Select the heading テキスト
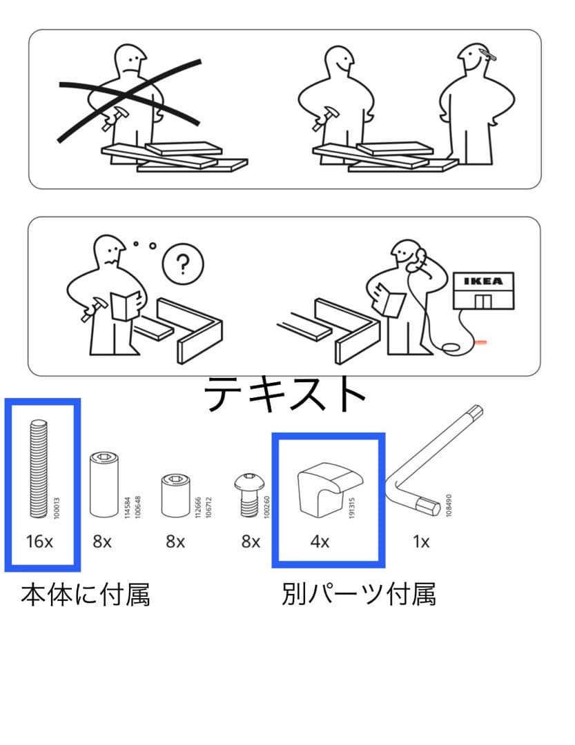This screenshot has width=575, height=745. (285, 395)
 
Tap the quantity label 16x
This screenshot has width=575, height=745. (39, 542)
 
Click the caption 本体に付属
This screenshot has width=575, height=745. (86, 594)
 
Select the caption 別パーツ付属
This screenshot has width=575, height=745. (358, 594)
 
